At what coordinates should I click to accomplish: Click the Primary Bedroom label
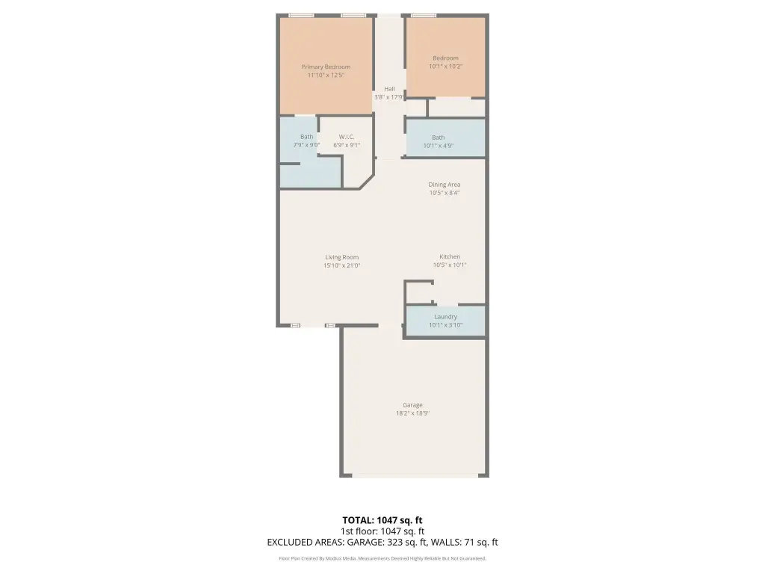326,67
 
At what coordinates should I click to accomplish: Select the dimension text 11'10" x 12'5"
326,75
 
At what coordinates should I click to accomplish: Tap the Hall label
389,89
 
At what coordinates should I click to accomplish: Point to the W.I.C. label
347,137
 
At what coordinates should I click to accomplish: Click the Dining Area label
445,185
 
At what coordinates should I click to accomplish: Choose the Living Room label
342,257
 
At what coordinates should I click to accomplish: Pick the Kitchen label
450,257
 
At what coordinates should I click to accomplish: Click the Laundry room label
446,317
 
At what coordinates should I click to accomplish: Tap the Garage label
412,405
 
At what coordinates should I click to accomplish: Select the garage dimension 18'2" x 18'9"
412,413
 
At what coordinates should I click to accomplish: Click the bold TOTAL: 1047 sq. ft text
382,520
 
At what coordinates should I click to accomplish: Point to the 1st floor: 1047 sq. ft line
382,531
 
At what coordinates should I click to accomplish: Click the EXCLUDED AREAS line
382,543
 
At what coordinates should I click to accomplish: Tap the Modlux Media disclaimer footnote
382,558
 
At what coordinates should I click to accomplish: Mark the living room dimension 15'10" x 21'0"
342,265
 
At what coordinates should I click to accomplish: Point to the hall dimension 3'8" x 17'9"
389,97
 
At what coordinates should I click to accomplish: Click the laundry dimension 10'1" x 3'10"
446,325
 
